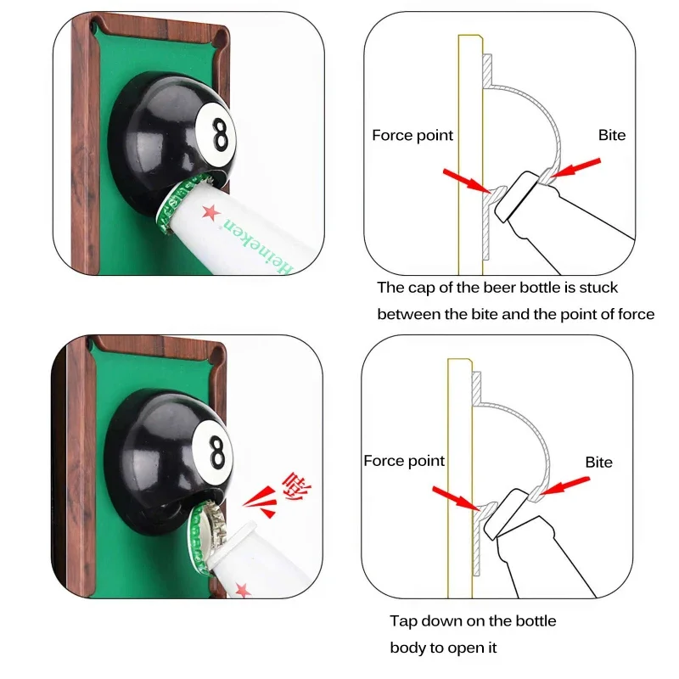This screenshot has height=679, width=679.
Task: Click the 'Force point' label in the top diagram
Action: tap(412, 136)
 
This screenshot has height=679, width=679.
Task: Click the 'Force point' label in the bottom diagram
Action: tap(404, 461)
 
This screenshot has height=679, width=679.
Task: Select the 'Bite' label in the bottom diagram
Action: tap(598, 463)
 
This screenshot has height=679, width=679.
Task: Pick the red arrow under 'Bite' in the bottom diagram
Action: tap(564, 485)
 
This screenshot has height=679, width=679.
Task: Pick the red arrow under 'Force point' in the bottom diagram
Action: tap(456, 497)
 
